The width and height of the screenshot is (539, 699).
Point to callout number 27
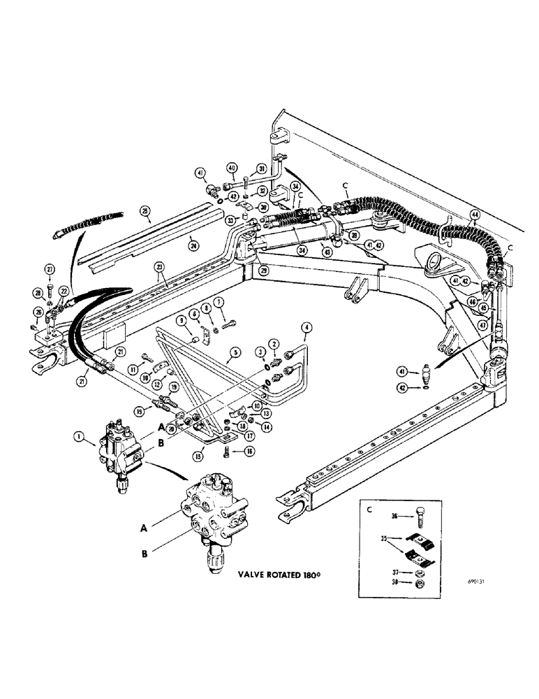50,270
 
